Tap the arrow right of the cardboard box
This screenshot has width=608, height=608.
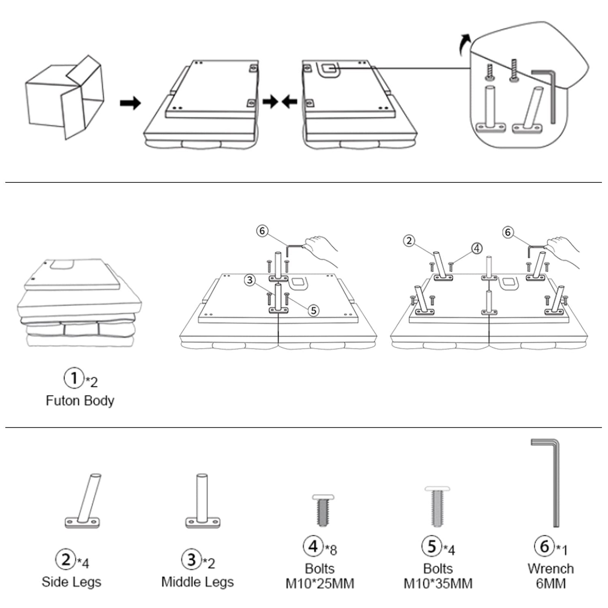pyautogui.click(x=130, y=103)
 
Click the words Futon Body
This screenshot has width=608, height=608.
pyautogui.click(x=80, y=400)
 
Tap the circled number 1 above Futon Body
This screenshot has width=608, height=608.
pyautogui.click(x=73, y=378)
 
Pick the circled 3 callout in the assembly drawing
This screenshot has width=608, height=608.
pyautogui.click(x=250, y=280)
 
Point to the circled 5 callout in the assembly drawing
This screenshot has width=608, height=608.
pyautogui.click(x=313, y=310)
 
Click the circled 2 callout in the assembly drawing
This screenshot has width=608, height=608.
pyautogui.click(x=409, y=241)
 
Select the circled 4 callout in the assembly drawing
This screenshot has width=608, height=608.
pyautogui.click(x=477, y=248)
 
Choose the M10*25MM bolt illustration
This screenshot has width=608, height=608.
pyautogui.click(x=323, y=510)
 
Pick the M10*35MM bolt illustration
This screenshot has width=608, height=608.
pyautogui.click(x=437, y=507)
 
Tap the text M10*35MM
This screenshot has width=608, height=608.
pyautogui.click(x=438, y=584)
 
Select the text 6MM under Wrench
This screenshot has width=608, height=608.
pyautogui.click(x=550, y=584)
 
